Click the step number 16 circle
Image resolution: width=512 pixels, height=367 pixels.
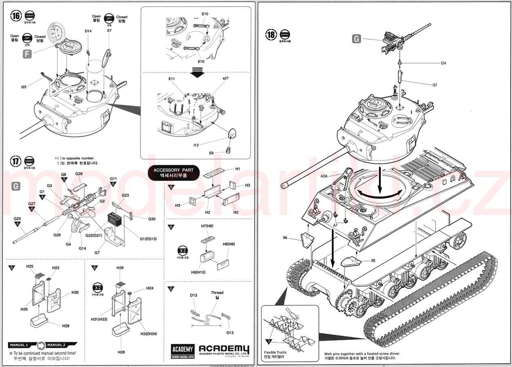click(16, 16)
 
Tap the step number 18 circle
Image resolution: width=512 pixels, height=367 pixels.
click(271, 34)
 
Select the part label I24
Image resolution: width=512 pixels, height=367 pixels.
click(443, 63)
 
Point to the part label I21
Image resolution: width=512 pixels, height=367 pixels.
click(435, 85)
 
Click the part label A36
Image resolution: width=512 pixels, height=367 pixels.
click(324, 176)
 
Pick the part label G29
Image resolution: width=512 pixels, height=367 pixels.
click(79, 174)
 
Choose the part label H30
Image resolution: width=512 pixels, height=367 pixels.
click(75, 292)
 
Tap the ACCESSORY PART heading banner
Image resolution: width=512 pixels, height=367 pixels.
click(174, 173)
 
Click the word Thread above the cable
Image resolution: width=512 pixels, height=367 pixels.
click(217, 292)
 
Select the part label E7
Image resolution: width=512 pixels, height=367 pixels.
click(109, 31)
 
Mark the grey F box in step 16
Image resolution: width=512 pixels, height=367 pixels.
click(27, 54)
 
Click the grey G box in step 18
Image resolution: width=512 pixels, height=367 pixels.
click(356, 39)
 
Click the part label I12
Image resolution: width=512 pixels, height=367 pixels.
click(196, 145)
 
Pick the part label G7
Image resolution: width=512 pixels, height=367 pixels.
click(97, 252)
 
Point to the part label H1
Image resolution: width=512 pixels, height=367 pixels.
click(238, 169)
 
